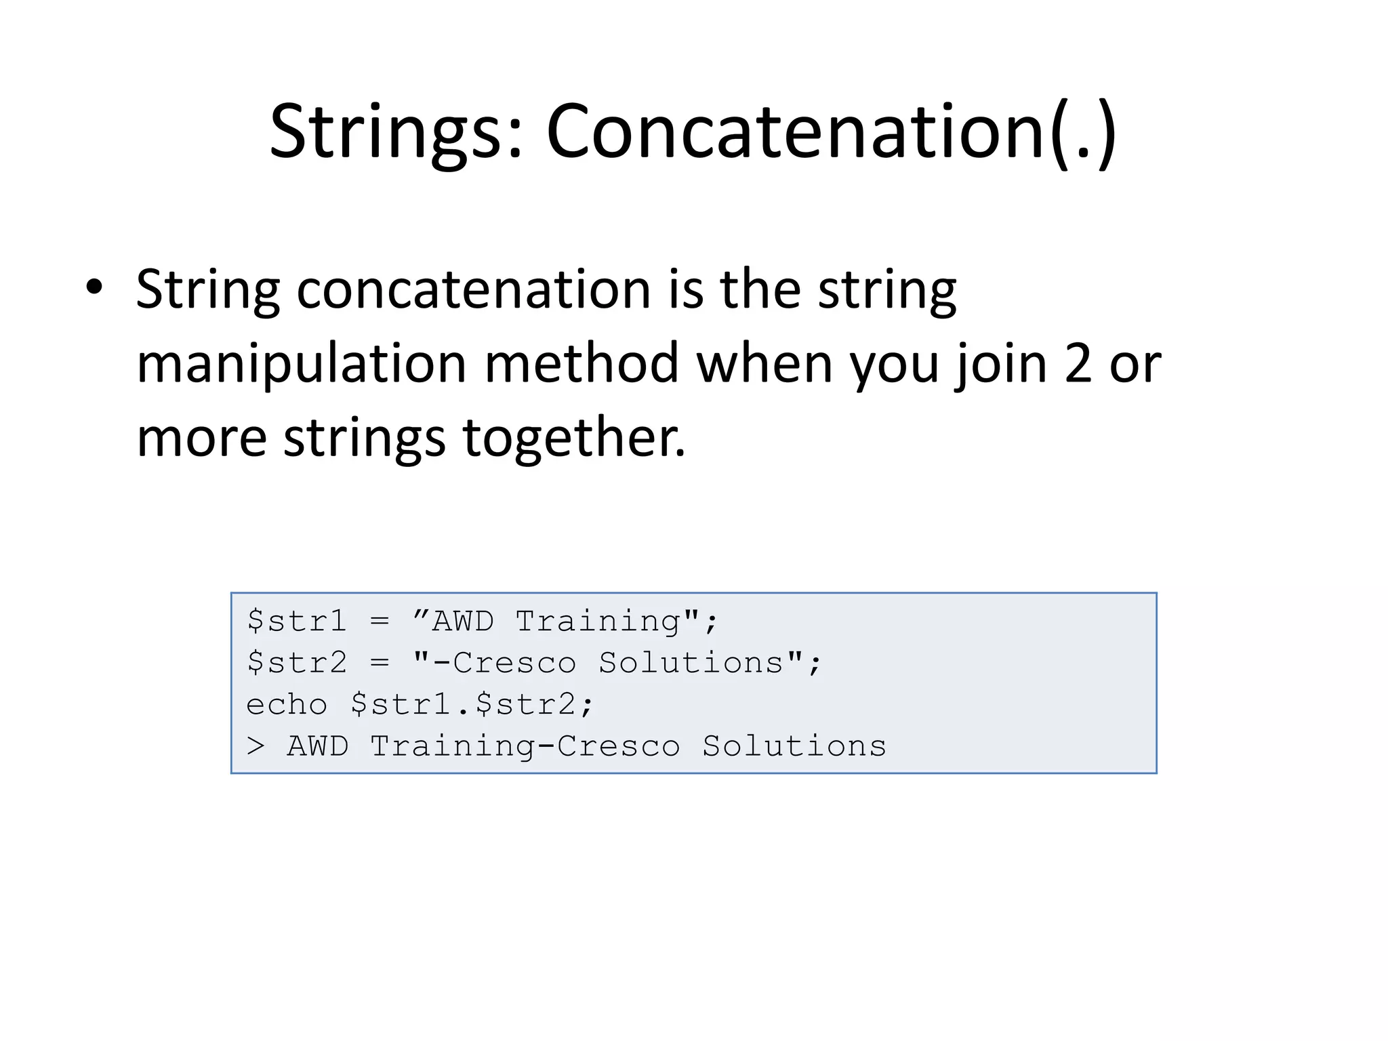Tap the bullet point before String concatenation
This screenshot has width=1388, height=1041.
click(x=94, y=287)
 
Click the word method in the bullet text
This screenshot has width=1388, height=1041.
click(x=581, y=364)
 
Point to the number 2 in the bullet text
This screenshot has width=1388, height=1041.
click(x=1078, y=364)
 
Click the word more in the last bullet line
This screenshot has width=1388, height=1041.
click(x=202, y=438)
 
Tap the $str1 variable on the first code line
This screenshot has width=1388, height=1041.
click(x=297, y=621)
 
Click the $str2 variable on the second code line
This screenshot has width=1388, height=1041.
click(x=297, y=663)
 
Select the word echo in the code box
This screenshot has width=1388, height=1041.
click(x=287, y=705)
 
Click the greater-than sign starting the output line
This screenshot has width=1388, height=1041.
click(x=256, y=746)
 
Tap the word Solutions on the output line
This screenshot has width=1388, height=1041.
click(x=794, y=746)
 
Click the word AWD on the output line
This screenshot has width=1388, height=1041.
click(x=318, y=746)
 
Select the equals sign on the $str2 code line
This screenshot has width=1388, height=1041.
click(x=380, y=663)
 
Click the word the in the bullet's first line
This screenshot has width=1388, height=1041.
click(x=760, y=289)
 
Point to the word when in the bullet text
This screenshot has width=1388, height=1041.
click(x=764, y=364)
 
